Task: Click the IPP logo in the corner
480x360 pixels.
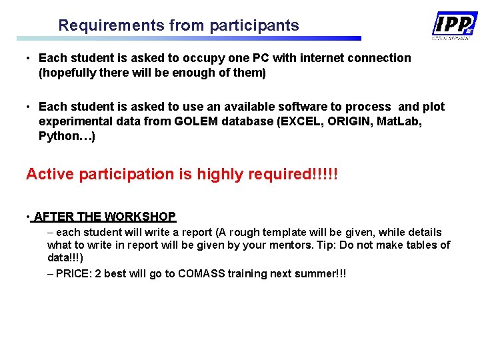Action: coord(454,25)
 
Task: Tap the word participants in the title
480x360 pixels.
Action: coord(254,26)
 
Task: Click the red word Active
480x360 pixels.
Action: coord(50,175)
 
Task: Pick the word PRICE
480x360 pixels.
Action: coord(73,273)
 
